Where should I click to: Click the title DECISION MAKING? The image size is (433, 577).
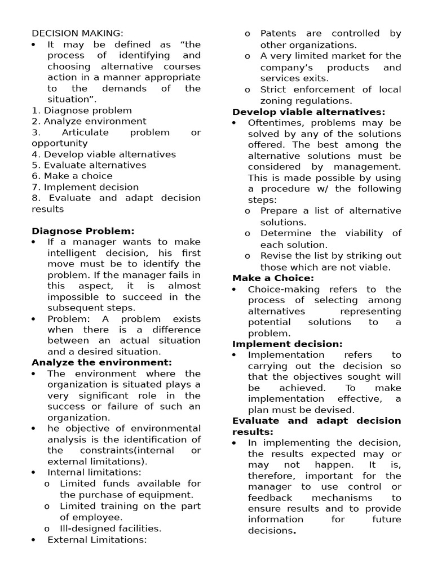[77, 33]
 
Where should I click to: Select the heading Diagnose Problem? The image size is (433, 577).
[83, 231]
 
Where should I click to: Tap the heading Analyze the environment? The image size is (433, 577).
[101, 362]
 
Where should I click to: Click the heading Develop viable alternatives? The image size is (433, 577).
[309, 112]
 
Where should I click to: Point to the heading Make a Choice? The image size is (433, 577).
[273, 278]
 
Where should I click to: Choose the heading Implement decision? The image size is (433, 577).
[287, 344]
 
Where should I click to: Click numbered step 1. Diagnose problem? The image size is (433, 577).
[82, 110]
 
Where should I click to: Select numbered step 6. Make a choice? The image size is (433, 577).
[72, 176]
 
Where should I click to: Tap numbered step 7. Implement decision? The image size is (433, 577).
[85, 187]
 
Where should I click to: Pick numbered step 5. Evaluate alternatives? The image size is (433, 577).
[89, 165]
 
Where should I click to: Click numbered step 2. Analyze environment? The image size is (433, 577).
[89, 121]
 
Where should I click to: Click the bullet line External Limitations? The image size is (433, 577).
[97, 539]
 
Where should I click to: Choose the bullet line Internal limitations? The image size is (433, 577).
[94, 472]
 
